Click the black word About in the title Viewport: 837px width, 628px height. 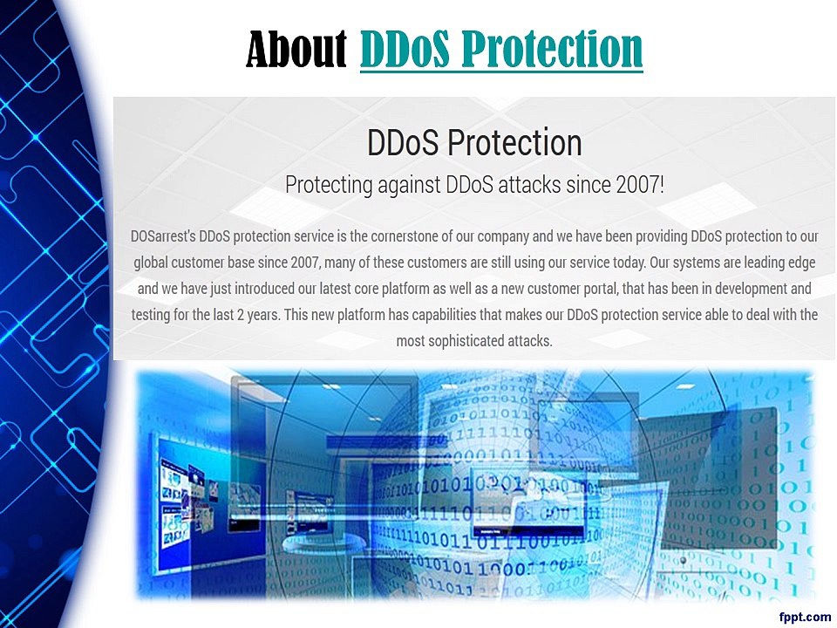[x=296, y=48]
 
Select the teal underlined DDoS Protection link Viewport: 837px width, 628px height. [x=501, y=49]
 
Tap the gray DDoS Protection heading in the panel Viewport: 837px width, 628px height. [x=474, y=142]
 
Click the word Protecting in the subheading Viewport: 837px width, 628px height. [x=329, y=185]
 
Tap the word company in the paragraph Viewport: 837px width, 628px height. [x=503, y=237]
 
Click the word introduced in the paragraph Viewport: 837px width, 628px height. [x=264, y=289]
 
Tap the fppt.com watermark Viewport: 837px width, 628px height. [x=805, y=618]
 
